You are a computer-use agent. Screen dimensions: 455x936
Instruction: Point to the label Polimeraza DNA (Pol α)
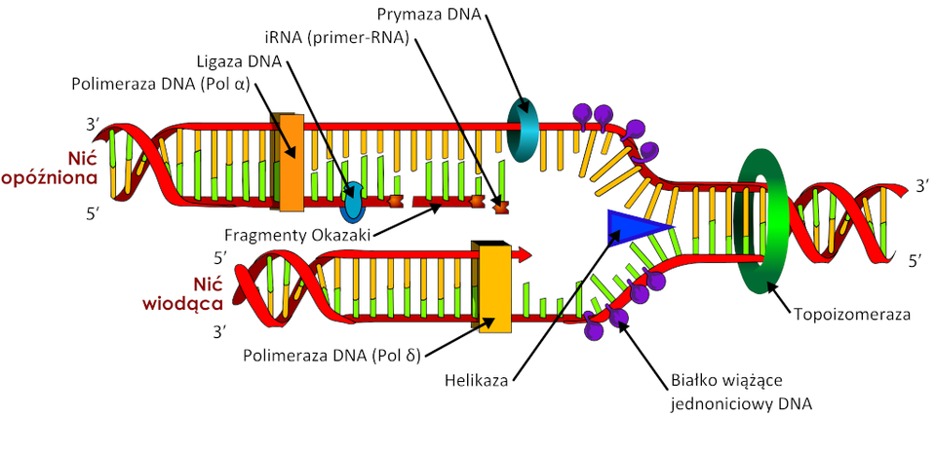[160, 84]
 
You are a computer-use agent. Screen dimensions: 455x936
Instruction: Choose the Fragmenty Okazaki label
[297, 234]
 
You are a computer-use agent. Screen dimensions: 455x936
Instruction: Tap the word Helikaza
[478, 380]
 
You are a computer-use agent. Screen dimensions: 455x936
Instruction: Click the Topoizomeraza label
[852, 315]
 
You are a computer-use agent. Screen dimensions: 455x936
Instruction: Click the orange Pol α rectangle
[290, 162]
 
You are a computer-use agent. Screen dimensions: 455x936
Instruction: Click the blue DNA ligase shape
[352, 200]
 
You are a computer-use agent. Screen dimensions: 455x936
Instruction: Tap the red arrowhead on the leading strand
[525, 254]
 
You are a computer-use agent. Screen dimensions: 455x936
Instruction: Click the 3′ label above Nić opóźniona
[94, 126]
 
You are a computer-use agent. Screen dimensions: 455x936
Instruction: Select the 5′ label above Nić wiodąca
[221, 258]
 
